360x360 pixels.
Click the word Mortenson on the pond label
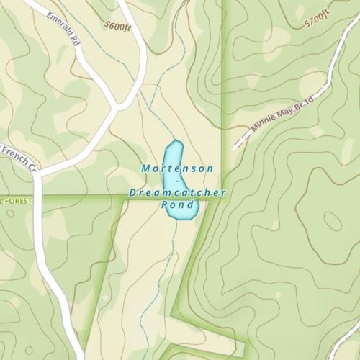pyautogui.click(x=177, y=168)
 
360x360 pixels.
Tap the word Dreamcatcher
pyautogui.click(x=178, y=193)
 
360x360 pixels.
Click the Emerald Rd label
pyautogui.click(x=63, y=28)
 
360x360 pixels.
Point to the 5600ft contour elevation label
pyautogui.click(x=118, y=27)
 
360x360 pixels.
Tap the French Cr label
pyautogui.click(x=18, y=158)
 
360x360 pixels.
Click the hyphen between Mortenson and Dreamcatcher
pyautogui.click(x=176, y=181)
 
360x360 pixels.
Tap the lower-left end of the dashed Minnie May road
pyautogui.click(x=235, y=148)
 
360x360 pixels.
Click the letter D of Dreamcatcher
pyautogui.click(x=133, y=193)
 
